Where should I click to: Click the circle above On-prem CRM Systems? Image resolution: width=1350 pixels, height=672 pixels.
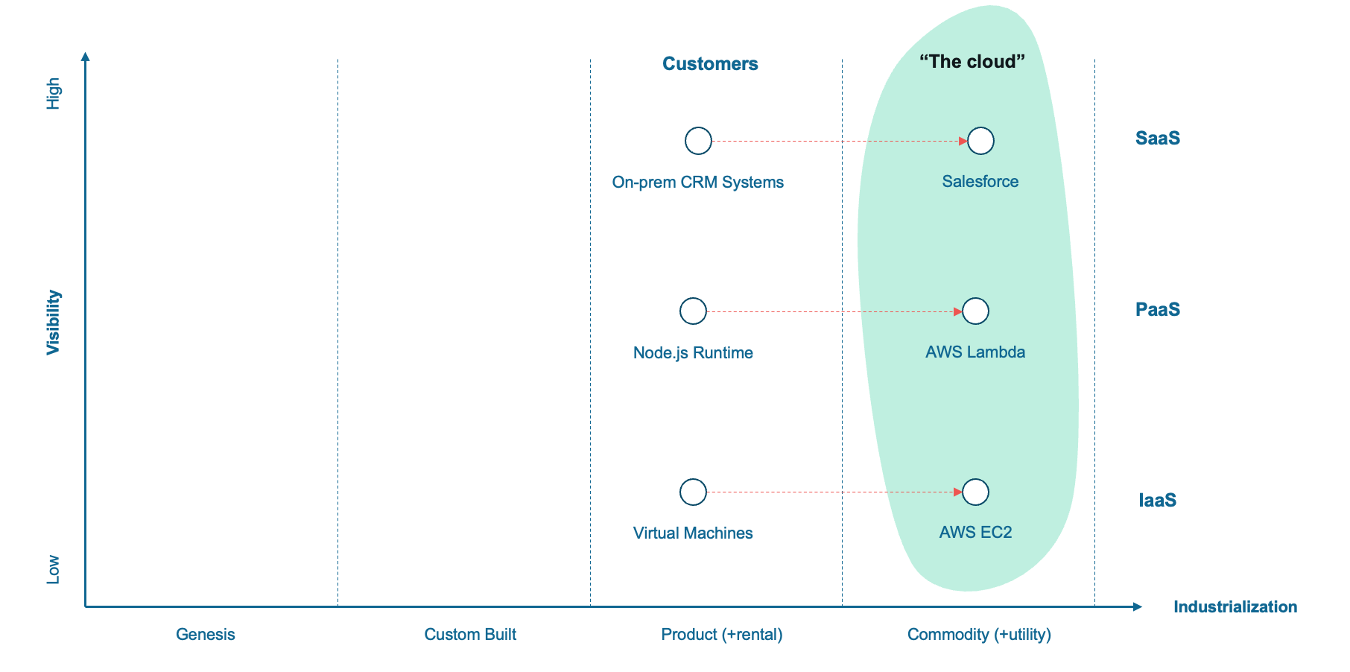click(698, 141)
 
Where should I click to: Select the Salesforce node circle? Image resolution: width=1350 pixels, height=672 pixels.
click(980, 141)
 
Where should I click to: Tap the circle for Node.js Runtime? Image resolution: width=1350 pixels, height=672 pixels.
click(693, 311)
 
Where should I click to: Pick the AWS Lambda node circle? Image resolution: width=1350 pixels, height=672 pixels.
click(975, 311)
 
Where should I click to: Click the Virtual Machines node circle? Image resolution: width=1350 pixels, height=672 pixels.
click(693, 492)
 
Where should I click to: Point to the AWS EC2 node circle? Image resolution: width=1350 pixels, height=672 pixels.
click(975, 492)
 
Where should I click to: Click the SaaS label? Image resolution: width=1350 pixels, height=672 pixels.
click(1157, 139)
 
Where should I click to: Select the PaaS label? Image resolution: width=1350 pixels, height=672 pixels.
click(1157, 310)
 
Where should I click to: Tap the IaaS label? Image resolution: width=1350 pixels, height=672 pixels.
click(1157, 500)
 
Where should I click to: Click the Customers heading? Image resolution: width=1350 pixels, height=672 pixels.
click(710, 64)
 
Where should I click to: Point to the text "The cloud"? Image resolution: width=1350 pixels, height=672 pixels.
click(972, 62)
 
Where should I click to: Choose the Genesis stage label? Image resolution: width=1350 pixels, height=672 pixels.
click(205, 635)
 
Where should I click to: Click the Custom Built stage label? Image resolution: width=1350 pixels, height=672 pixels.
click(470, 635)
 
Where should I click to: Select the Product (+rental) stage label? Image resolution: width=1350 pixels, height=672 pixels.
click(721, 635)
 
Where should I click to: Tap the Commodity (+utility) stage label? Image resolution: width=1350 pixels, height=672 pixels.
click(979, 635)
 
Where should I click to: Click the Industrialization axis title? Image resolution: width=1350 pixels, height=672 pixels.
click(1235, 607)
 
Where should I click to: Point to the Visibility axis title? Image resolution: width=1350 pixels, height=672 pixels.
click(53, 323)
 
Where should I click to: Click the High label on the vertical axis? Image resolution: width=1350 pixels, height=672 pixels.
click(53, 94)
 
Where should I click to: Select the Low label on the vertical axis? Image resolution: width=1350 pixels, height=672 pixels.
click(53, 569)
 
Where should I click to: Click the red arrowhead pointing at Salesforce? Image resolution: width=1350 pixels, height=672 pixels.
click(963, 141)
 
